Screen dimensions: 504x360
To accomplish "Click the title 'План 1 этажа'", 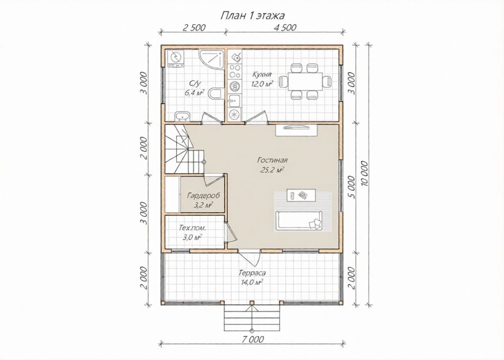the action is point(252,15).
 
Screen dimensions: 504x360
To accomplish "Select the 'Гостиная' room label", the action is point(272,160).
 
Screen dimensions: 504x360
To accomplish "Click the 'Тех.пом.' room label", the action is point(192,228).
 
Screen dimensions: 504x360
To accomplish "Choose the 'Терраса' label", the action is point(252,273).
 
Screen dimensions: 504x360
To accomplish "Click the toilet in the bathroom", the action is point(215,93).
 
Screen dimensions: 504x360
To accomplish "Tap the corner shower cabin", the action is point(211,59).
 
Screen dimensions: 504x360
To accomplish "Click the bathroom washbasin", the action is point(182,116).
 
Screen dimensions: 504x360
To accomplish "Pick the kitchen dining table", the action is point(305,81).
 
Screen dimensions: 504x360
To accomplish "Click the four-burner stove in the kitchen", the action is point(234,72).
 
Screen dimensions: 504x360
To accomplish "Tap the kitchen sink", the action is point(235,101).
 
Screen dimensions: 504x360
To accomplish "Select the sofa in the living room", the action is point(300,221).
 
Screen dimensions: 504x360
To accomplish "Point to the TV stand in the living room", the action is point(297,130).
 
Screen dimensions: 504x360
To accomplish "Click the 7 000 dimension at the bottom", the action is point(252,339).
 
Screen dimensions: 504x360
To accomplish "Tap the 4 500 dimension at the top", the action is point(285,27).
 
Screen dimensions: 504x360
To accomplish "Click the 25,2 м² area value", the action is point(272,170).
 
